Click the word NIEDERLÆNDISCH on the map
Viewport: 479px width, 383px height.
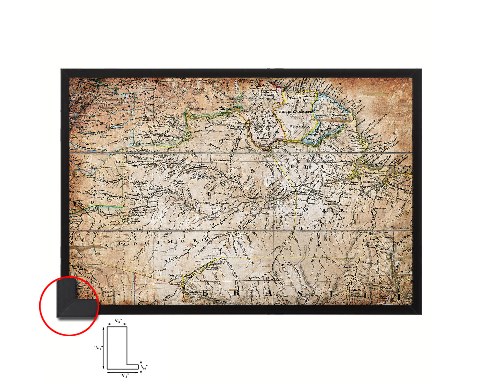295,113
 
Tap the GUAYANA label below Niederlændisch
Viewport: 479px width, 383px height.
299,126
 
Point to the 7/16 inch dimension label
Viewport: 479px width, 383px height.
118,320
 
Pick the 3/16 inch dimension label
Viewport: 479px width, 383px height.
144,367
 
